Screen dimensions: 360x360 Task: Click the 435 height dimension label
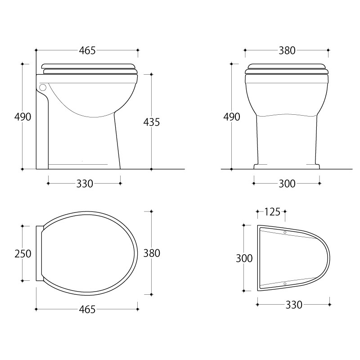click(152, 122)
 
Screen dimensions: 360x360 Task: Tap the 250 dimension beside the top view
click(23, 254)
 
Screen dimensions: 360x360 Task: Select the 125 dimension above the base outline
click(272, 212)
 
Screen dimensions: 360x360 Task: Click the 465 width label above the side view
click(87, 50)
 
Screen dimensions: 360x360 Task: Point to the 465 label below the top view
click(87, 310)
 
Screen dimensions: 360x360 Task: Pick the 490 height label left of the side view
click(23, 117)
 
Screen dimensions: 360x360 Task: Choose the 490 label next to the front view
click(232, 117)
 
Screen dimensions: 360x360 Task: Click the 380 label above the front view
click(287, 50)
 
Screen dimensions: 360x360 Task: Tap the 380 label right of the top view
click(152, 253)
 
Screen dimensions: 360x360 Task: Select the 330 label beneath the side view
click(85, 184)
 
